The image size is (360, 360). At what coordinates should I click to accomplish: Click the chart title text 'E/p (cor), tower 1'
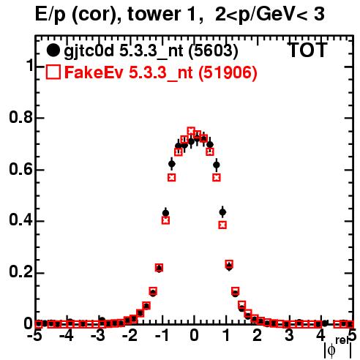point(116,15)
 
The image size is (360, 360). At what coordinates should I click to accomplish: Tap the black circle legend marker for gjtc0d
point(53,50)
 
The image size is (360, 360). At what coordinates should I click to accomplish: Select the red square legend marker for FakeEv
point(53,72)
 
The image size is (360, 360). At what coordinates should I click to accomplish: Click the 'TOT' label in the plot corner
point(307,50)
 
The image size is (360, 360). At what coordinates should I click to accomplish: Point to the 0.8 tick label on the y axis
point(21,117)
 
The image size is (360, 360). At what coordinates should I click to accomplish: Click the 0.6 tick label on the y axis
point(21,169)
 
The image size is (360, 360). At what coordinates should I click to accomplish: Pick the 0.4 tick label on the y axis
point(21,220)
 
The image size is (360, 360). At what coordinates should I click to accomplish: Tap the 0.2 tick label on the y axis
point(21,271)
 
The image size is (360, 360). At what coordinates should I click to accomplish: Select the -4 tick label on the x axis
point(67,335)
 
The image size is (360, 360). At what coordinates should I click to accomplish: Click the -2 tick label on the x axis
point(130,335)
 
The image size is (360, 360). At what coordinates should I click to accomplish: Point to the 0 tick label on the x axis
point(194,335)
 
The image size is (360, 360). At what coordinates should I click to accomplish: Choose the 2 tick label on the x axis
point(258,335)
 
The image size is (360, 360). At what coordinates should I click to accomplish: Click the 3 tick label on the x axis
point(289,335)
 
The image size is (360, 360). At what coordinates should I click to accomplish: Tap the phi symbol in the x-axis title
point(331,350)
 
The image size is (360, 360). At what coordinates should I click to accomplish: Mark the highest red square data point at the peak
point(191,131)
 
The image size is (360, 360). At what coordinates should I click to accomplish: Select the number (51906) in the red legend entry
point(228,73)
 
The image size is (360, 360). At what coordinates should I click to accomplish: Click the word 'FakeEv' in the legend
point(94,72)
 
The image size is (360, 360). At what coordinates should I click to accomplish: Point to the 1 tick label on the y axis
point(29,66)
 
